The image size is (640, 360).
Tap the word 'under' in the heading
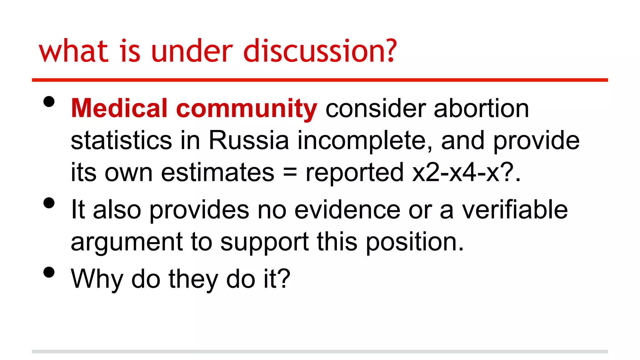(x=192, y=51)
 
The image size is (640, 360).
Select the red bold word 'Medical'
(x=119, y=108)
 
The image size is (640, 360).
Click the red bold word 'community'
(x=247, y=109)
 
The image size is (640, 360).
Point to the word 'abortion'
(x=481, y=108)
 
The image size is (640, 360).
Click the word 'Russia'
(x=249, y=140)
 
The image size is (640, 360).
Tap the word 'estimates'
(x=217, y=172)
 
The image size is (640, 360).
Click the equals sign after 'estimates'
(x=290, y=173)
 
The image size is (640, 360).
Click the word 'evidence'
(x=347, y=210)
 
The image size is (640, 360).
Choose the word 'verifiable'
(x=515, y=210)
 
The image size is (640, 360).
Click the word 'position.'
(x=415, y=242)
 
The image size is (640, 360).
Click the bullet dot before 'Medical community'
(x=49, y=102)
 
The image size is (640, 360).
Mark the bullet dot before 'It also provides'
(x=49, y=203)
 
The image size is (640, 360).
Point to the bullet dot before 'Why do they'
(x=49, y=272)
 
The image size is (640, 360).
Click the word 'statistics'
(x=121, y=140)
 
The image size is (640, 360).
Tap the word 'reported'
(x=354, y=173)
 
